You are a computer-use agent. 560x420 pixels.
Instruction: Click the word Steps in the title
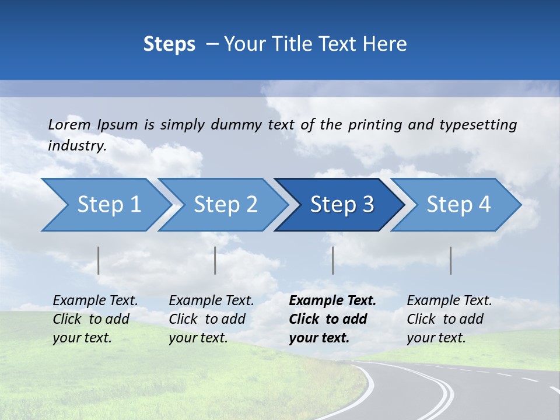(x=169, y=44)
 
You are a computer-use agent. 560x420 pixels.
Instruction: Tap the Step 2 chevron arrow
(x=225, y=205)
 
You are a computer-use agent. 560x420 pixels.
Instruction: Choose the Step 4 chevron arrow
(x=458, y=205)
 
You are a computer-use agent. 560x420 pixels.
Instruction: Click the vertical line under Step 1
(x=99, y=260)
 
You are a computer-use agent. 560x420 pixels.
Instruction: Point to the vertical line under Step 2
(x=215, y=260)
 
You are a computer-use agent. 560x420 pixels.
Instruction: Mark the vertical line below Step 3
(x=333, y=260)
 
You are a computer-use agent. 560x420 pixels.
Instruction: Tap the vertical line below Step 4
(x=451, y=260)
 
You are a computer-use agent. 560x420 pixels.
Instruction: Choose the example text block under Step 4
(x=449, y=319)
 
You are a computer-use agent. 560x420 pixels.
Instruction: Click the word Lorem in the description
(x=69, y=125)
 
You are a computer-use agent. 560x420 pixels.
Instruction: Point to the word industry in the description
(x=76, y=146)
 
